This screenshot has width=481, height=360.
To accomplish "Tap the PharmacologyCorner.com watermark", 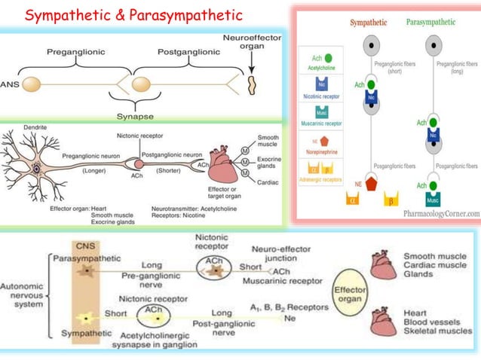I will coord(430,213).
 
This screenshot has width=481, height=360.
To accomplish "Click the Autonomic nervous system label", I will coord(23,296).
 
